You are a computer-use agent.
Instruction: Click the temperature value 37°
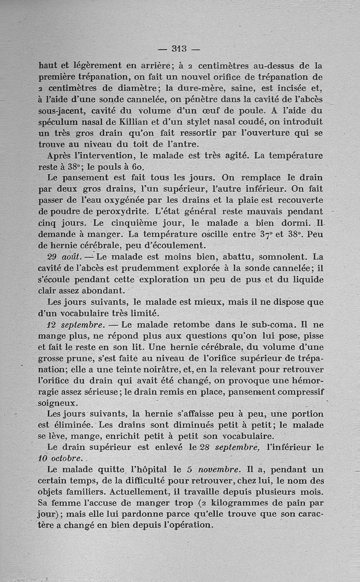(x=269, y=234)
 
